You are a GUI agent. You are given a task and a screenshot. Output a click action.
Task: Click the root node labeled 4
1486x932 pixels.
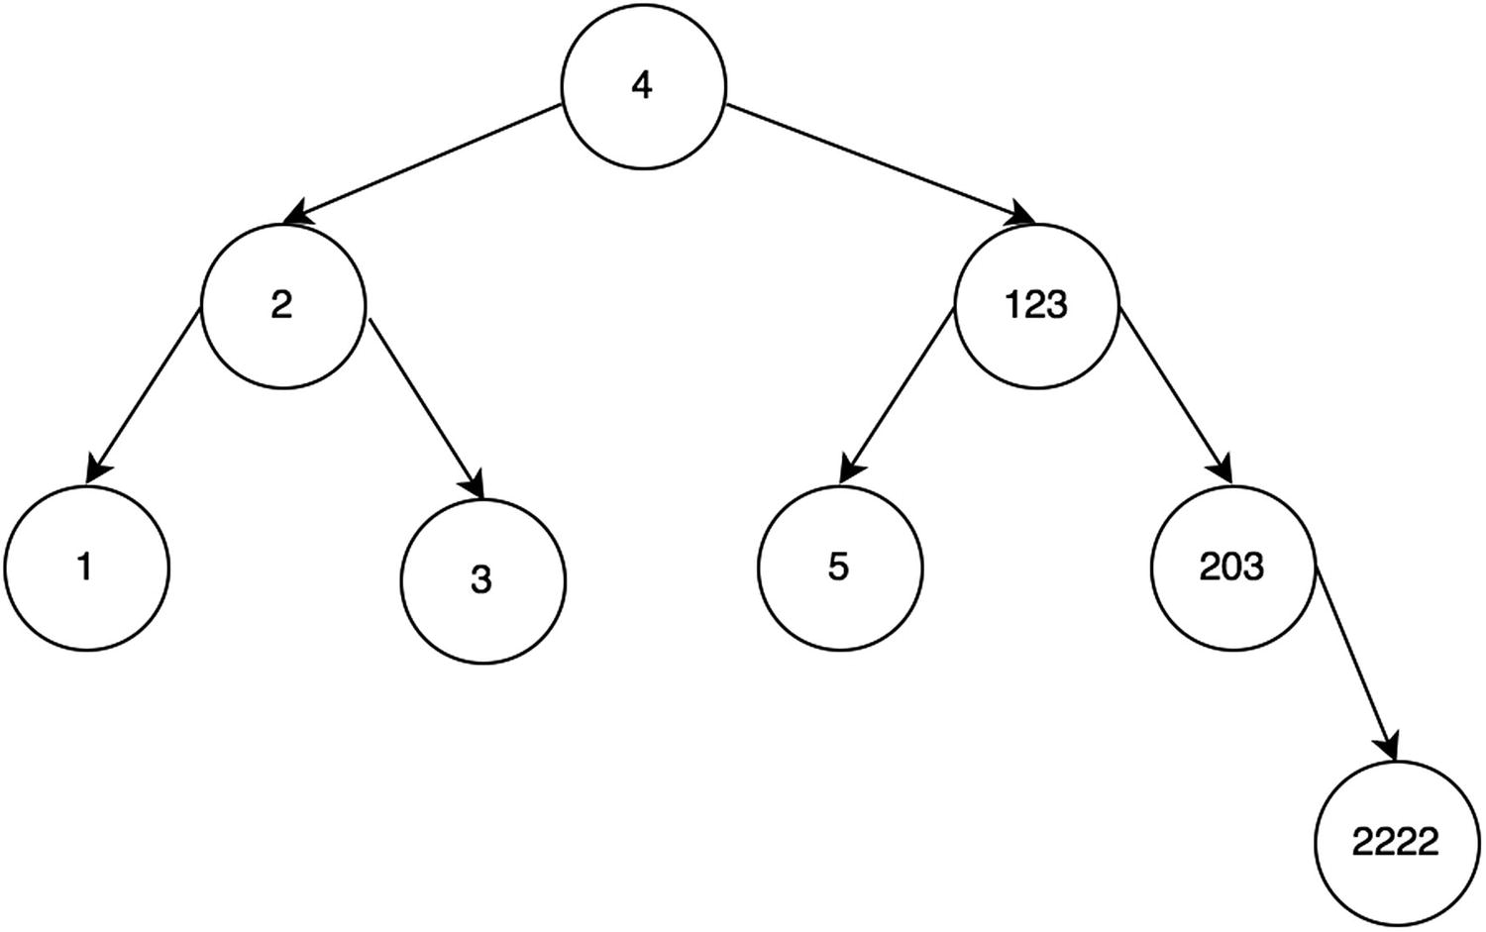coord(643,86)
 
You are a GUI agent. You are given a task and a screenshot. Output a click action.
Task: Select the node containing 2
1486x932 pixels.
coord(283,305)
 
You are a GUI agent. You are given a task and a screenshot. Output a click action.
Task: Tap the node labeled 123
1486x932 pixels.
coord(1036,305)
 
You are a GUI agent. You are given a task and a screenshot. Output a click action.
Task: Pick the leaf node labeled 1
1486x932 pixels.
coord(86,568)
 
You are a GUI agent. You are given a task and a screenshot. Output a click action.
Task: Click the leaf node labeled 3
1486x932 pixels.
coord(482,580)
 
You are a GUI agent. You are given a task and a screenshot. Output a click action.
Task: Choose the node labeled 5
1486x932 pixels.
coord(840,568)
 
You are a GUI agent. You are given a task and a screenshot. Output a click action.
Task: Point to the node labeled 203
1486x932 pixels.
coord(1232,568)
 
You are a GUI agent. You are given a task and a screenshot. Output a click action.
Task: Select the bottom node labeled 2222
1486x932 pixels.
coord(1396,844)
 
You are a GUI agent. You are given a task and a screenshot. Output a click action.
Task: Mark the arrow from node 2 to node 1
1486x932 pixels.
coord(145,395)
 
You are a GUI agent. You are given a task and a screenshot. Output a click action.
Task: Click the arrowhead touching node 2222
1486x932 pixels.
coord(1389,746)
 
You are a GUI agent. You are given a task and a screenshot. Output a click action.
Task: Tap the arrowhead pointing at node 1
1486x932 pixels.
coord(97,468)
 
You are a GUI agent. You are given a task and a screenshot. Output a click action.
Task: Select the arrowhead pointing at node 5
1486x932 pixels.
coord(850,469)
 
